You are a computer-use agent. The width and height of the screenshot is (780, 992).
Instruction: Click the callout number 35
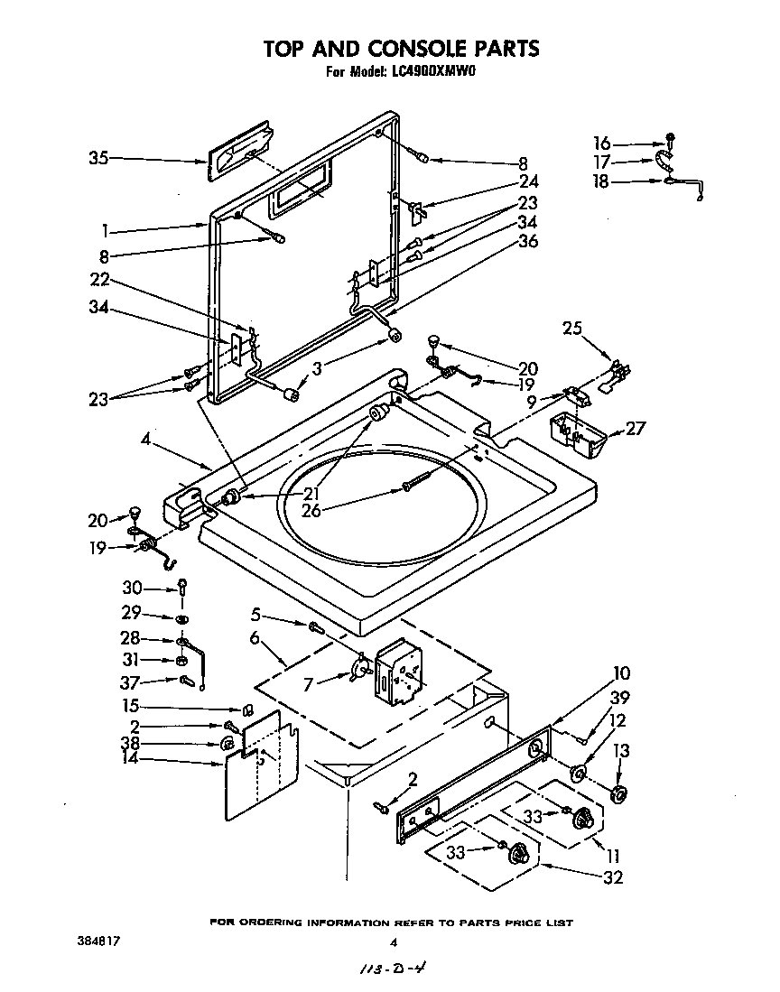click(x=98, y=159)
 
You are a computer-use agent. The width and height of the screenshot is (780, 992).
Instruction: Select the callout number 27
click(x=636, y=428)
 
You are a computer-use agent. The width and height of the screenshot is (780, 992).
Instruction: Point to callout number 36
click(x=527, y=241)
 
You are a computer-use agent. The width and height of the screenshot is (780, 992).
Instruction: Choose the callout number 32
click(x=614, y=876)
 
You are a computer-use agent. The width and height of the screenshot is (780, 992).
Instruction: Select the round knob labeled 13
click(x=618, y=793)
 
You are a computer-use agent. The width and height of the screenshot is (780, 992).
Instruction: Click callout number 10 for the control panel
click(x=622, y=673)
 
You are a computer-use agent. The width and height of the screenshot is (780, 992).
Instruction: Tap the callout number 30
click(x=132, y=587)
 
